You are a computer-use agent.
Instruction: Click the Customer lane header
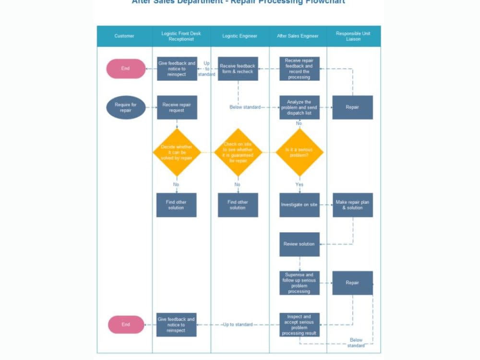click(x=124, y=36)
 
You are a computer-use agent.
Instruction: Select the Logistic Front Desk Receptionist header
click(x=181, y=36)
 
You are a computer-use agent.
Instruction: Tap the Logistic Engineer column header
click(x=240, y=36)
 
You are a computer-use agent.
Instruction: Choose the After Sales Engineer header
click(x=298, y=36)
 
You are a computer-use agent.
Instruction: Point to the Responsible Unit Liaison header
click(x=353, y=36)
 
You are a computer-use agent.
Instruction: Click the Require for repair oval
click(x=125, y=108)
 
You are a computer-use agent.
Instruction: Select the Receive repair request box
click(x=177, y=108)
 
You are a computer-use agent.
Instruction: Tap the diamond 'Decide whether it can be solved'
click(x=177, y=153)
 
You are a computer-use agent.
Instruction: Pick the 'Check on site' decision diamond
click(x=238, y=153)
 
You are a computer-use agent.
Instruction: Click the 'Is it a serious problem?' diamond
click(x=299, y=153)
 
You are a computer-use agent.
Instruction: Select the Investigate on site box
click(x=300, y=205)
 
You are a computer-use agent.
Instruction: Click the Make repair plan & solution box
click(x=352, y=205)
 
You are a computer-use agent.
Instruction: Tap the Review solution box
click(x=300, y=244)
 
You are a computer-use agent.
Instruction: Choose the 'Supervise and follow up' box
click(x=300, y=283)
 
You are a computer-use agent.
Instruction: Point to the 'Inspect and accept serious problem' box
click(x=300, y=325)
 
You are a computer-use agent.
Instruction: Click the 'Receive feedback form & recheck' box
click(x=238, y=69)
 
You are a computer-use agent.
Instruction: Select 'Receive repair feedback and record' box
click(x=300, y=69)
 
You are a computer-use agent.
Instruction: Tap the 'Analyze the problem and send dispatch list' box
click(x=300, y=108)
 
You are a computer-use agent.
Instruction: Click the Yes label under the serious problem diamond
click(x=300, y=184)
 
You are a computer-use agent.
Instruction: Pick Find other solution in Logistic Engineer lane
click(x=238, y=205)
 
